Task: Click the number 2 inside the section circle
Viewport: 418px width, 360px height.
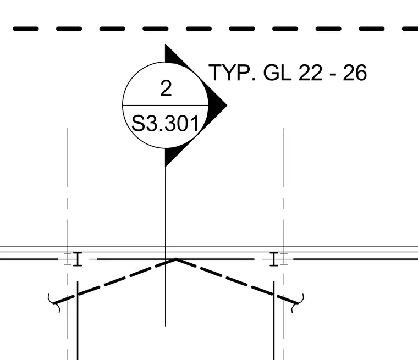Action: pos(166,88)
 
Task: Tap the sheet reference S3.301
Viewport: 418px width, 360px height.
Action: pos(166,123)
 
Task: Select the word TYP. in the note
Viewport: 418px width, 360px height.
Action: pos(232,73)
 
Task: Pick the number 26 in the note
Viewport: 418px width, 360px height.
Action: pos(355,73)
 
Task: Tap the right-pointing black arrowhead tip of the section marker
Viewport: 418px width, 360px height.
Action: pos(227,106)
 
